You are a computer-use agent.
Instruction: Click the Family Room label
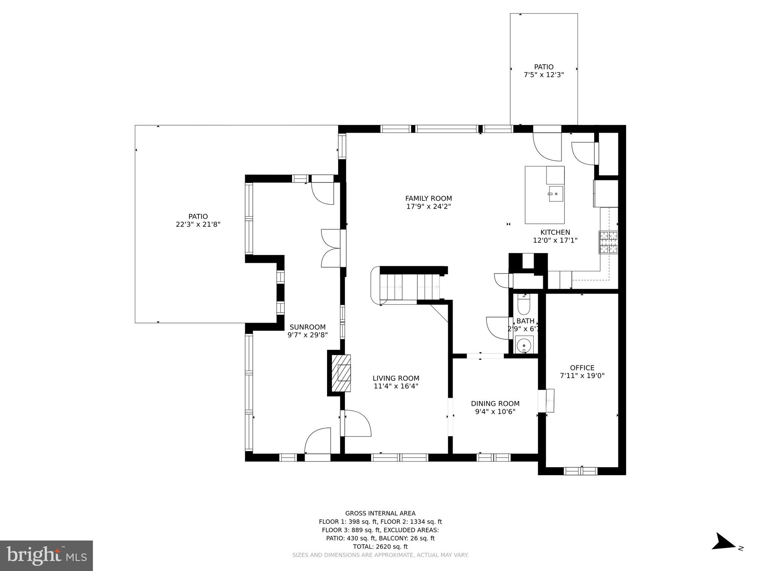pyautogui.click(x=428, y=199)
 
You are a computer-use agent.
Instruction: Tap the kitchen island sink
pyautogui.click(x=556, y=194)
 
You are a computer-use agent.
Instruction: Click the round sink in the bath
pyautogui.click(x=524, y=344)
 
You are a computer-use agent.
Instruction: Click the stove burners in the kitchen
pyautogui.click(x=608, y=242)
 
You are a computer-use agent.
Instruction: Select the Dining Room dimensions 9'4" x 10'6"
pyautogui.click(x=495, y=412)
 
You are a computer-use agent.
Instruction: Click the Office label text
pyautogui.click(x=582, y=368)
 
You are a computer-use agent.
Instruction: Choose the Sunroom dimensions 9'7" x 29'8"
pyautogui.click(x=307, y=335)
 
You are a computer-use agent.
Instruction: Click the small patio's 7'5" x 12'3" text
pyautogui.click(x=544, y=75)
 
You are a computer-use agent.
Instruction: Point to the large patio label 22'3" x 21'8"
pyautogui.click(x=198, y=225)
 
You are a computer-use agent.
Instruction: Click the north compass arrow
pyautogui.click(x=725, y=552)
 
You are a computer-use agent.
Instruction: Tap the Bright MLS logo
pyautogui.click(x=46, y=555)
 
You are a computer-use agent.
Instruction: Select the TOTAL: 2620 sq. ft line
pyautogui.click(x=380, y=546)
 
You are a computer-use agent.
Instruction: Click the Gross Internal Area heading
pyautogui.click(x=380, y=513)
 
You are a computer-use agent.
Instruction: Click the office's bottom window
pyautogui.click(x=580, y=471)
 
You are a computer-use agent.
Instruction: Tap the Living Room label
pyautogui.click(x=396, y=378)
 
